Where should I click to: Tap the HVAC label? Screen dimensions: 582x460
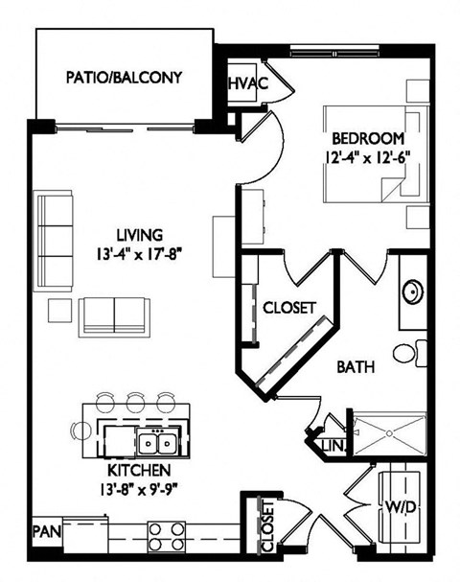[x=246, y=84]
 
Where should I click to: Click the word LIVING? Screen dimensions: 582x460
[x=140, y=235]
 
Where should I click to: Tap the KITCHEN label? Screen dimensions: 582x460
[x=140, y=471]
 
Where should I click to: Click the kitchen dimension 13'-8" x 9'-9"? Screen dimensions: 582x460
[x=140, y=489]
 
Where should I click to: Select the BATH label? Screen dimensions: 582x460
[x=355, y=365]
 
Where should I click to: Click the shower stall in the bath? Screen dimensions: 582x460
[x=390, y=434]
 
